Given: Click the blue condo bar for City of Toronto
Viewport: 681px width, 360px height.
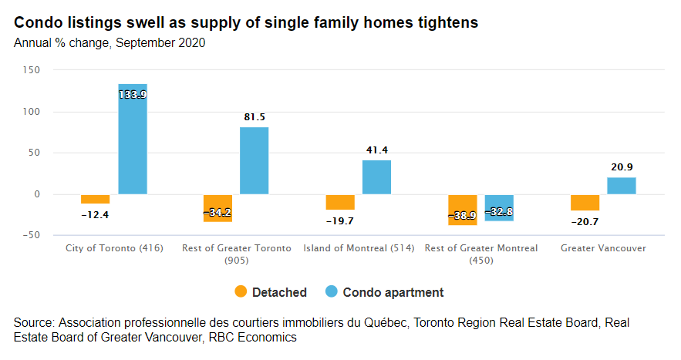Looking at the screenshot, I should (133, 139).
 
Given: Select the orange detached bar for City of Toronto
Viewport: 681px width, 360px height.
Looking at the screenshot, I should (96, 199).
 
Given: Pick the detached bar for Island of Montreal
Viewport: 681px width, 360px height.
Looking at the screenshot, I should (340, 202).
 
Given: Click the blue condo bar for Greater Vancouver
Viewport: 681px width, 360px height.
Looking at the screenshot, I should (622, 186).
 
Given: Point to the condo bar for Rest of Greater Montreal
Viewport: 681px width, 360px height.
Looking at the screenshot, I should (499, 208).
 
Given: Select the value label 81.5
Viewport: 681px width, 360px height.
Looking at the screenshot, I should (255, 117).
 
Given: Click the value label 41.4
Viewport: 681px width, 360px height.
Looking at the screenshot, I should (376, 150).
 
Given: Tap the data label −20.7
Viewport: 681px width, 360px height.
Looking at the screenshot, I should (585, 222).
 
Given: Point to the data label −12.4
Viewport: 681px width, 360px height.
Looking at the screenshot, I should (96, 215).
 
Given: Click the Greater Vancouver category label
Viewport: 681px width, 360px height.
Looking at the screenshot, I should (603, 248).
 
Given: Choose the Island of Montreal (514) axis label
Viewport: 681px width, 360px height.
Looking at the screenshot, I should (358, 248).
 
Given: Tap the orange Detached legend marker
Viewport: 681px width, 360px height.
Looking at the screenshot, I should (241, 292).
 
